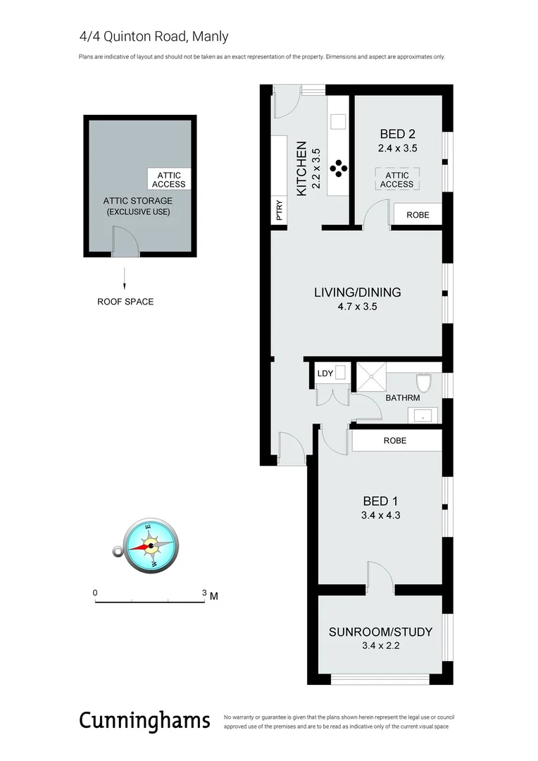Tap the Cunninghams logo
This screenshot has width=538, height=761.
click(x=144, y=720)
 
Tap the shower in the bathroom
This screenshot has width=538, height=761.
click(x=371, y=378)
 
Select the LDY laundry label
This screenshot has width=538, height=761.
click(x=325, y=373)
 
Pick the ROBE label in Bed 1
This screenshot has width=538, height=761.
click(x=395, y=440)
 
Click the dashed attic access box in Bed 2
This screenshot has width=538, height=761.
click(x=397, y=179)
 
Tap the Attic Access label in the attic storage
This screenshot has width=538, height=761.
click(x=169, y=180)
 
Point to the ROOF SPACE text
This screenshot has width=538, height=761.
click(x=125, y=302)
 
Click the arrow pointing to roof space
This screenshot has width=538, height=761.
click(x=125, y=278)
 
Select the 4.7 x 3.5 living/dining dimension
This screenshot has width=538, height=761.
click(x=357, y=307)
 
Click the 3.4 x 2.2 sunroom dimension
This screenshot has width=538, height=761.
click(x=380, y=645)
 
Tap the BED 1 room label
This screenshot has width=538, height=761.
click(x=380, y=501)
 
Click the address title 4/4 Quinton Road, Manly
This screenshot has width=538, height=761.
click(x=154, y=37)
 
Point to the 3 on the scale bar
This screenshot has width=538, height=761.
click(x=204, y=593)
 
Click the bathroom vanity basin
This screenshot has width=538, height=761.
click(x=423, y=416)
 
